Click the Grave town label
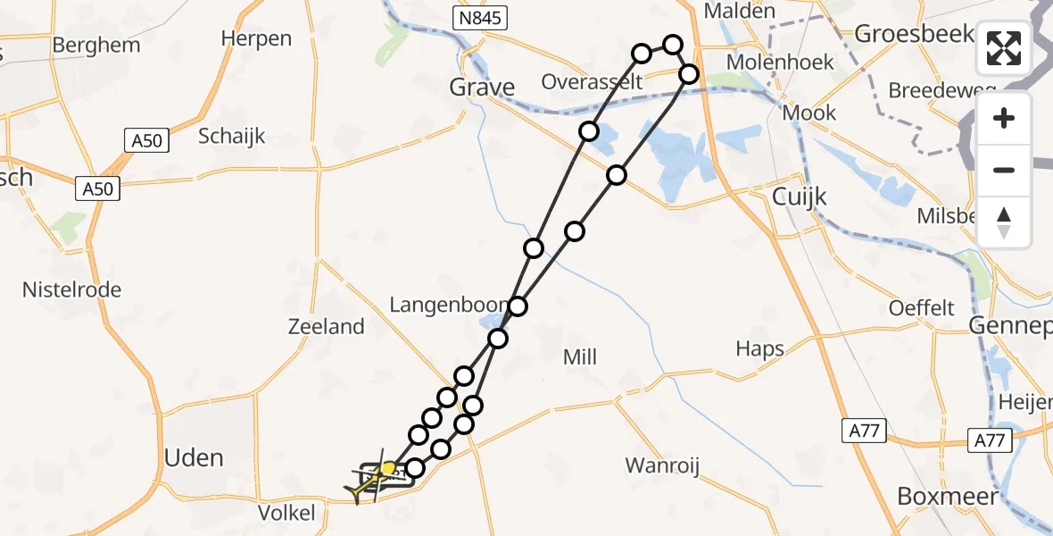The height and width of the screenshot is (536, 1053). [x=482, y=88]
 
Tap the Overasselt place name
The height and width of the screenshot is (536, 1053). [x=592, y=82]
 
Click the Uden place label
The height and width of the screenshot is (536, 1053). [x=194, y=458]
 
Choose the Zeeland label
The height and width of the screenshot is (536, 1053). [x=326, y=327]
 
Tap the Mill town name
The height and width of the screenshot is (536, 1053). [x=580, y=357]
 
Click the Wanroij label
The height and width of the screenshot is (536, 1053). [x=661, y=465]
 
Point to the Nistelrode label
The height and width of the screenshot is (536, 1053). [x=71, y=289]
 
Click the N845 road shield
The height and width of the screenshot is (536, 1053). [x=479, y=17]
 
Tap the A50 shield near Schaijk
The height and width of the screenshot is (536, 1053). [x=144, y=140]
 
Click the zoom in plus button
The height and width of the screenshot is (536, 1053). [x=1004, y=119]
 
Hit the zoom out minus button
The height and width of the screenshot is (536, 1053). [x=1004, y=170]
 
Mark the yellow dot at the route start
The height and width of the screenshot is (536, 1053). [x=389, y=468]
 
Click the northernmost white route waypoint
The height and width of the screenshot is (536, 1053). [x=673, y=45]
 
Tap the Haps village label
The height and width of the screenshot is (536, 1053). [x=759, y=349]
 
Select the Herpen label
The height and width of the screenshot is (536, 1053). [x=256, y=38]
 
